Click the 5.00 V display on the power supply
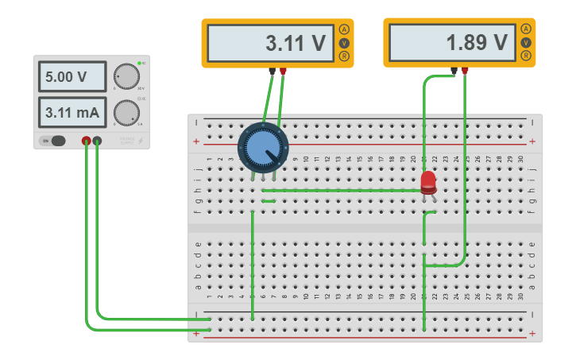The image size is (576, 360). click(72, 77)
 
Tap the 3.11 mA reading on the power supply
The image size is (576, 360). click(72, 112)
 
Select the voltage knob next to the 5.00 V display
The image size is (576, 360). click(126, 76)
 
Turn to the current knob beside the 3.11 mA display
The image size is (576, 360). click(126, 112)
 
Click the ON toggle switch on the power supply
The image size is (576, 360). click(54, 141)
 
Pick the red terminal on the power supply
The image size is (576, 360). click(87, 141)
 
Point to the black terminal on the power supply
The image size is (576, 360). click(98, 141)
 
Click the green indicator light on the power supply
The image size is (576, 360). click(138, 63)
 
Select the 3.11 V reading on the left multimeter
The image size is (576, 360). click(270, 43)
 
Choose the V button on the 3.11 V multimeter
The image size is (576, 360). click(344, 43)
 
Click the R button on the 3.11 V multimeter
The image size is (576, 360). click(344, 56)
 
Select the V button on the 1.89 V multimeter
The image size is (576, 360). click(526, 42)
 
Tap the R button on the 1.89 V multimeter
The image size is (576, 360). click(526, 55)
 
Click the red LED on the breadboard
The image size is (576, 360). click(428, 182)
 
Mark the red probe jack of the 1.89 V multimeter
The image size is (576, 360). click(465, 71)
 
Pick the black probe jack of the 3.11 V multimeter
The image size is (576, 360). click(273, 72)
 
